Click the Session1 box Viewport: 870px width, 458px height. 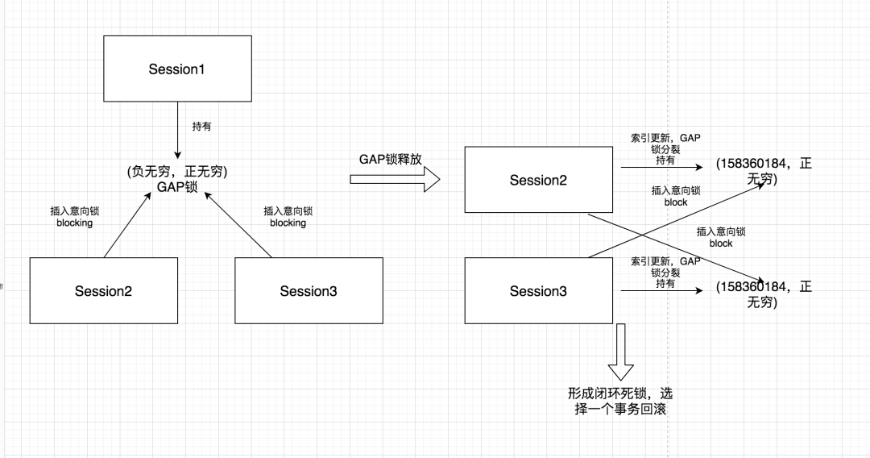(176, 69)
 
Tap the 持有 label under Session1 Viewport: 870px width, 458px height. (202, 127)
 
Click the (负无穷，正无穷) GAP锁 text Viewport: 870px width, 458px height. (176, 179)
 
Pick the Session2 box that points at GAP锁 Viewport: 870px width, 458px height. (103, 291)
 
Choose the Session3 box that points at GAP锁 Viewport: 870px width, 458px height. (309, 291)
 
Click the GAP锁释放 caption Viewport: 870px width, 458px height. (391, 158)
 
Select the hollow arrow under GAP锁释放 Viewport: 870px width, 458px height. (395, 179)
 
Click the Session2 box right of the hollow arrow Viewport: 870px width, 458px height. (538, 180)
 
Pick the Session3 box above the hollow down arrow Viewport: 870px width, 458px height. (538, 291)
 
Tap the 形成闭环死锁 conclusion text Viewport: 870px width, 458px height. (620, 402)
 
